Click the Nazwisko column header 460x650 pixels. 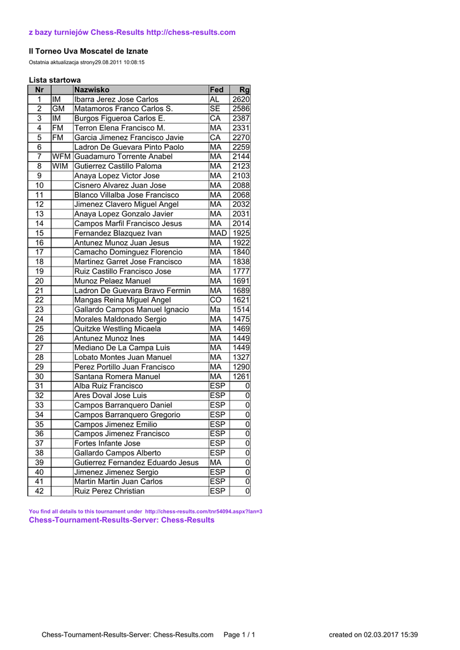tap(92, 90)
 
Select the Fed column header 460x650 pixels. tap(216, 90)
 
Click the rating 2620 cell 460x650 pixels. tap(241, 100)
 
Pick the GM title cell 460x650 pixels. tap(58, 109)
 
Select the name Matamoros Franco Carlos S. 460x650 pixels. tap(123, 109)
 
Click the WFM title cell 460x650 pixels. tap(62, 157)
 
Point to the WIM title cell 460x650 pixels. tap(60, 166)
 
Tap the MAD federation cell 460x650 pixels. tap(218, 233)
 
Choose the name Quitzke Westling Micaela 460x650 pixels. tap(117, 329)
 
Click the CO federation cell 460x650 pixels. tap(215, 300)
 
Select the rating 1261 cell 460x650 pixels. tap(241, 376)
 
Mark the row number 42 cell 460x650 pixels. tap(39, 491)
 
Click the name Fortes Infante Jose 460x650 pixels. tap(107, 443)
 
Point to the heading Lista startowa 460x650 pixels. tap(55, 80)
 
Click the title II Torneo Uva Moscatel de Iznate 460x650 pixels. tap(88, 51)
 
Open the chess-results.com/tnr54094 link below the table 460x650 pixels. tap(203, 511)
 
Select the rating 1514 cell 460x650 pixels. tap(241, 309)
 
